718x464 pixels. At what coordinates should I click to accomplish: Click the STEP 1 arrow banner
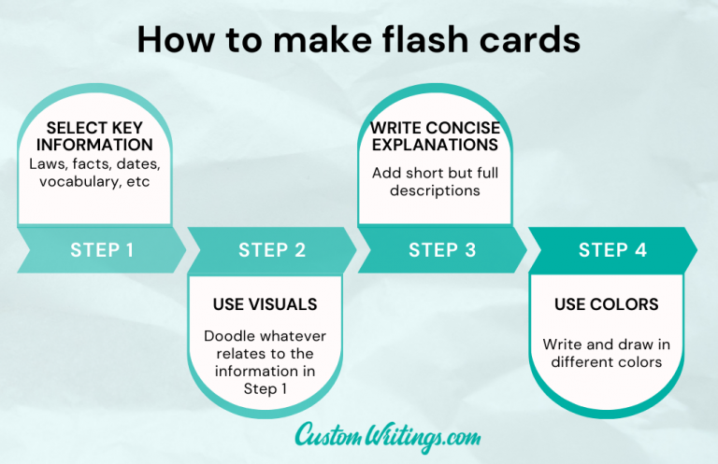tap(101, 249)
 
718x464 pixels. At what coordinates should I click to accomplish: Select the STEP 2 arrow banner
tap(271, 249)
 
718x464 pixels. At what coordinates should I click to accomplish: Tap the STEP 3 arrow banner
tap(441, 249)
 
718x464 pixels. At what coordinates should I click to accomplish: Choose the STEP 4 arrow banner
tap(611, 249)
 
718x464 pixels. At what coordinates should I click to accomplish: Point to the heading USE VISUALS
tap(265, 304)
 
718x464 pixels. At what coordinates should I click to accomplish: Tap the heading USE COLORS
tap(606, 304)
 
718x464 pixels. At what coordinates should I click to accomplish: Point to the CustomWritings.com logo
tap(387, 434)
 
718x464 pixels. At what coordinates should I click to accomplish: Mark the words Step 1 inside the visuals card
tap(265, 388)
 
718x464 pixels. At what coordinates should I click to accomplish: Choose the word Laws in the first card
tap(48, 164)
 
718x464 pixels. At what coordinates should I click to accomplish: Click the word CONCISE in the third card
tap(460, 127)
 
